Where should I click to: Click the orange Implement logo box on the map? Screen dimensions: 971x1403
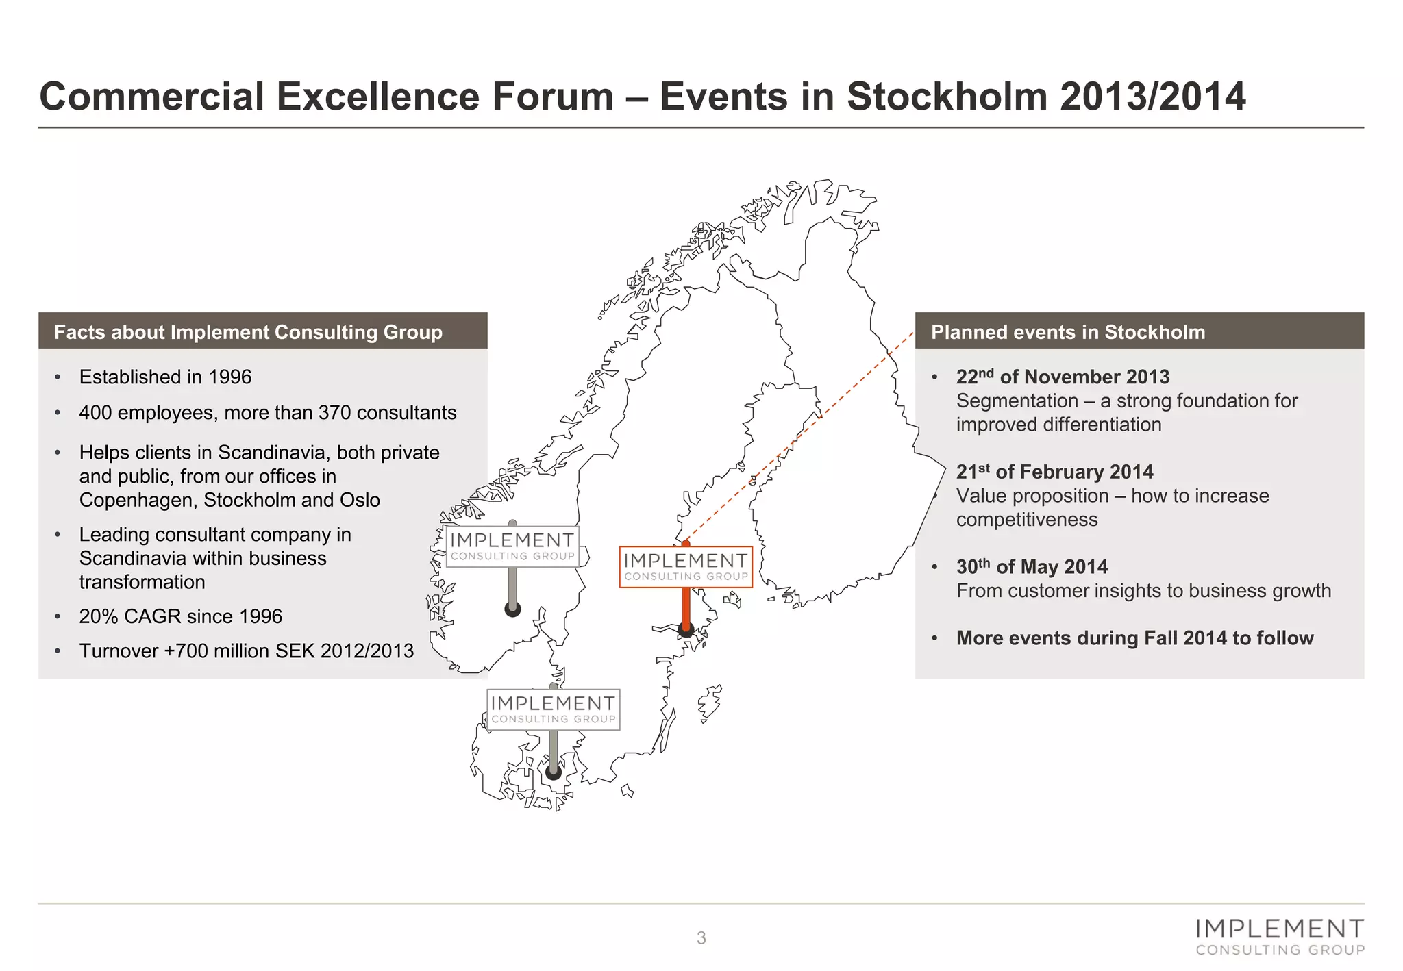coord(686,567)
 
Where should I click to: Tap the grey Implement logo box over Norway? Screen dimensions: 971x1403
coord(512,546)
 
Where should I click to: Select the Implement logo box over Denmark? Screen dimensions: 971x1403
coord(553,709)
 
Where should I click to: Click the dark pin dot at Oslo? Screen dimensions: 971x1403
coord(512,609)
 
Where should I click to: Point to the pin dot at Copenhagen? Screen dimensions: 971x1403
coord(554,772)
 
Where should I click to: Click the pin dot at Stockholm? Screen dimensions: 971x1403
coord(686,629)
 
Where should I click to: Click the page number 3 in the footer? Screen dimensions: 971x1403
coord(701,938)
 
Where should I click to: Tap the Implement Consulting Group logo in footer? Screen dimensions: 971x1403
coord(1280,937)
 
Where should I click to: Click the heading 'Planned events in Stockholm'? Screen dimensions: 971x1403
coord(1067,332)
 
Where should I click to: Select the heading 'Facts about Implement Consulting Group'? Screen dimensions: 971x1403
coord(248,332)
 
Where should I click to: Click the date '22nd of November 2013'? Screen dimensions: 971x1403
coord(1063,377)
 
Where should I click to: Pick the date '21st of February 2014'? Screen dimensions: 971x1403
coord(1054,472)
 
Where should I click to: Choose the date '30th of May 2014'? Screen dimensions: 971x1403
coord(1032,567)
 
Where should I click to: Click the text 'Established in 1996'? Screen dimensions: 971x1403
coord(165,377)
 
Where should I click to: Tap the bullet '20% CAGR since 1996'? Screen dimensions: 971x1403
coord(180,616)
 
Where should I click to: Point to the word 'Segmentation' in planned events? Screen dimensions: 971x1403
coord(1017,401)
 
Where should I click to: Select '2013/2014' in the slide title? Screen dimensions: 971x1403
coord(1152,96)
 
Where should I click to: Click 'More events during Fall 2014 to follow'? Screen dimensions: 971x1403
coord(1134,638)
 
